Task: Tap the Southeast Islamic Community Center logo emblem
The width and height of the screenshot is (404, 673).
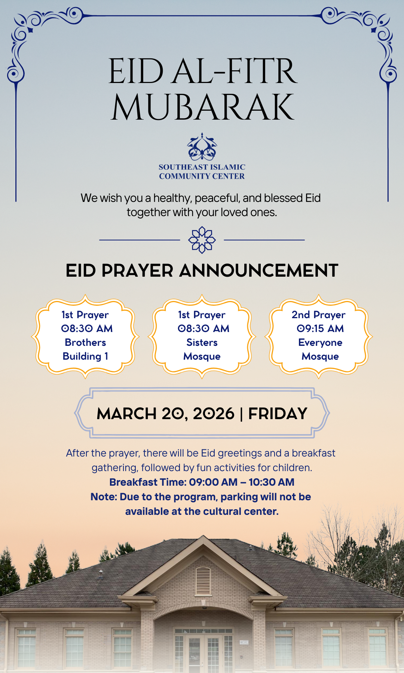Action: coord(202,147)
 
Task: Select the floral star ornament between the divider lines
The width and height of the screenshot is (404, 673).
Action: coord(202,240)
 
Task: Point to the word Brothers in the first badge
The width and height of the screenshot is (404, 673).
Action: coord(85,342)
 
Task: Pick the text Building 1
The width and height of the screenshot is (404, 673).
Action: coord(85,356)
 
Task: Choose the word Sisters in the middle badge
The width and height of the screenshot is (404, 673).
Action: coord(202,342)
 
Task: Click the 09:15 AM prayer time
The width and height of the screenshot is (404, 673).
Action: coord(320,329)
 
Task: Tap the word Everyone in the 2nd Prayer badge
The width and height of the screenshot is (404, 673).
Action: coord(320,342)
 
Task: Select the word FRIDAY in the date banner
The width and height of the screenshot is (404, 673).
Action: coord(278,414)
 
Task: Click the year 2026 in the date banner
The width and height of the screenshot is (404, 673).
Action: coord(214,414)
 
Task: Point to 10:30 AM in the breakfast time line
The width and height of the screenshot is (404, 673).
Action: coord(272,482)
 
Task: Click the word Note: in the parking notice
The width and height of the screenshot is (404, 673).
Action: coord(104,497)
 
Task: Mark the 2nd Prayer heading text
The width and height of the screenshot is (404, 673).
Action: coord(318,315)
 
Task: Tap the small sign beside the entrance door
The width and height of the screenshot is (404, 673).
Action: coord(244,642)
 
